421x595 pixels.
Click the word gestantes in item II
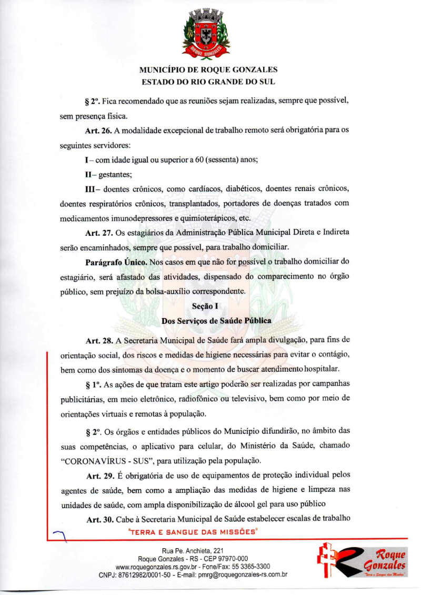coord(109,174)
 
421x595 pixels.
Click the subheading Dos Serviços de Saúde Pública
coord(209,320)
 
